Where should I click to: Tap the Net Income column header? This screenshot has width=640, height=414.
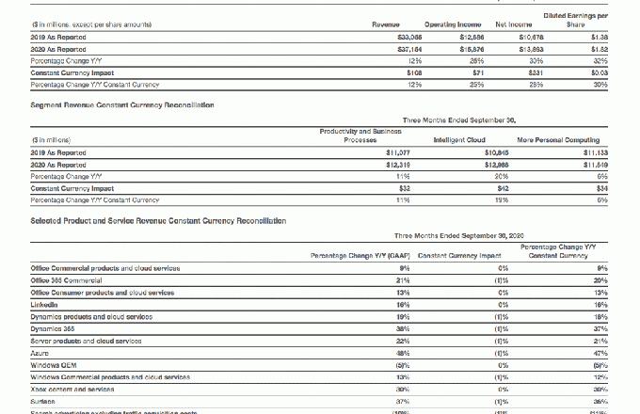tap(514, 24)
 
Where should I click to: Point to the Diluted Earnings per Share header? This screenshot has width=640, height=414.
tap(575, 20)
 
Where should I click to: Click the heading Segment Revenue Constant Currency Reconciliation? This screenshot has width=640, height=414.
tap(122, 104)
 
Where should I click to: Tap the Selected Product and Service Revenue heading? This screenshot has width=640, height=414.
tap(158, 220)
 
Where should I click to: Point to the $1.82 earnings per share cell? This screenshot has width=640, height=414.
tap(599, 48)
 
